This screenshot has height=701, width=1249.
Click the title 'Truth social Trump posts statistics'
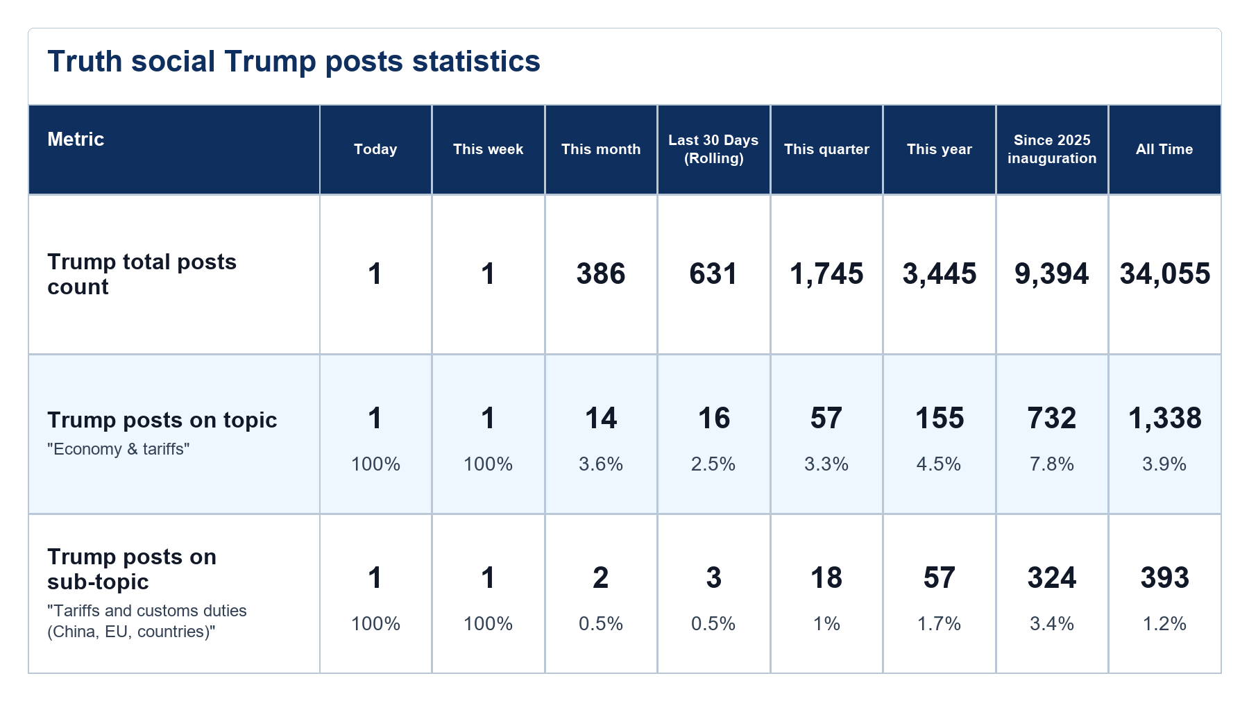[294, 61]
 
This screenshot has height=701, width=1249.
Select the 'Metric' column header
[76, 139]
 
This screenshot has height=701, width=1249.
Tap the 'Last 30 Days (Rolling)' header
[713, 149]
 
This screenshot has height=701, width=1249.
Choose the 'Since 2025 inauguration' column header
[1052, 149]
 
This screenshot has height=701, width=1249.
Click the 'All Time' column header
[1164, 149]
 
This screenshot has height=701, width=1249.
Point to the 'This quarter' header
[826, 149]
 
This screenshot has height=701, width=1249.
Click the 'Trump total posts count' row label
[142, 274]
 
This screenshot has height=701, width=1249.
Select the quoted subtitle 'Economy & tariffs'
[119, 449]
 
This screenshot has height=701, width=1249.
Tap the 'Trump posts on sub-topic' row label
[132, 569]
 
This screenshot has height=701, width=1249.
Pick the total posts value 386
[601, 274]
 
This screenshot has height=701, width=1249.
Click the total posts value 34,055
[1165, 274]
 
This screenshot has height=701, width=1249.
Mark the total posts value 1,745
[826, 274]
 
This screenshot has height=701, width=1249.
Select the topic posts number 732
[1052, 419]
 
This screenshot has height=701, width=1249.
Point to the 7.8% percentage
[1052, 464]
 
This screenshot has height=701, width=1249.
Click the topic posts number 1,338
[1165, 419]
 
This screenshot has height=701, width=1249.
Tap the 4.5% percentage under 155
[939, 464]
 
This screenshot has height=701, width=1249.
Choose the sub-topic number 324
[1052, 578]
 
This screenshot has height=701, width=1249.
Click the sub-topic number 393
[1165, 578]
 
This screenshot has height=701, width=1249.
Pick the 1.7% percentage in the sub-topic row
[939, 623]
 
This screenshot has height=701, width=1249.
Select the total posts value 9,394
[1052, 274]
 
